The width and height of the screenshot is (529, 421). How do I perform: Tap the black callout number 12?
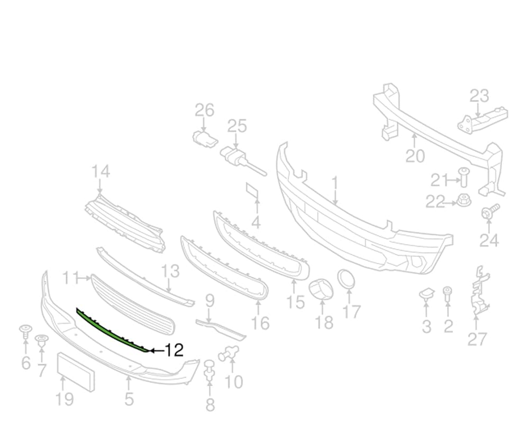[x=173, y=350]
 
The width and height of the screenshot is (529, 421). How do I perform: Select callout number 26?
[x=204, y=110]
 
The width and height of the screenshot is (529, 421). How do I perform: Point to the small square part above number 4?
[x=252, y=192]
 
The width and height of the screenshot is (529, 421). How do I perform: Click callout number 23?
[x=479, y=96]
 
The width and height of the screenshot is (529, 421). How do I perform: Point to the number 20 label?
[x=415, y=156]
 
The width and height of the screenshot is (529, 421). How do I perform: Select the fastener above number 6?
[x=25, y=332]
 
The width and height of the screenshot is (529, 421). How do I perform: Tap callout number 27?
[x=477, y=339]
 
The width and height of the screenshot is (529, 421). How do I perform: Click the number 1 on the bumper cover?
[x=334, y=183]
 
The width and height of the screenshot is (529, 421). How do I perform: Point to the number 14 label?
[x=101, y=172]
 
